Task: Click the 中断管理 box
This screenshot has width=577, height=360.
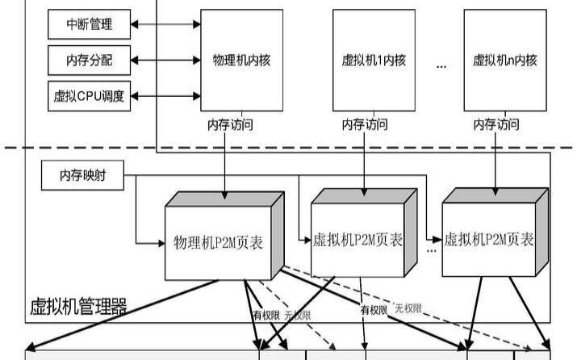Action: click(x=90, y=24)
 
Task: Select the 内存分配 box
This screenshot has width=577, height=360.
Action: click(x=90, y=59)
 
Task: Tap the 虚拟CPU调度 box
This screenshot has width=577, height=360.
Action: click(x=90, y=95)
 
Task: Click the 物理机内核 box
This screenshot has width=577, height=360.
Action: click(x=241, y=60)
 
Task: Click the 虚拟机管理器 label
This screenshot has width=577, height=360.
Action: click(x=79, y=306)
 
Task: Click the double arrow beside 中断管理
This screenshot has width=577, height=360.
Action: click(x=165, y=24)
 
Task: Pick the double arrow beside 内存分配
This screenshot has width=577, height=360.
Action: click(x=165, y=59)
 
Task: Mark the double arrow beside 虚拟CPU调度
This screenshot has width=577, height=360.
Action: click(x=165, y=95)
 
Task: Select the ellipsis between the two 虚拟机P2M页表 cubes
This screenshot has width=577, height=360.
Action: click(x=431, y=250)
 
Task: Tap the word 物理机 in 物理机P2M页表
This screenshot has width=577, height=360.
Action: click(x=192, y=242)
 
